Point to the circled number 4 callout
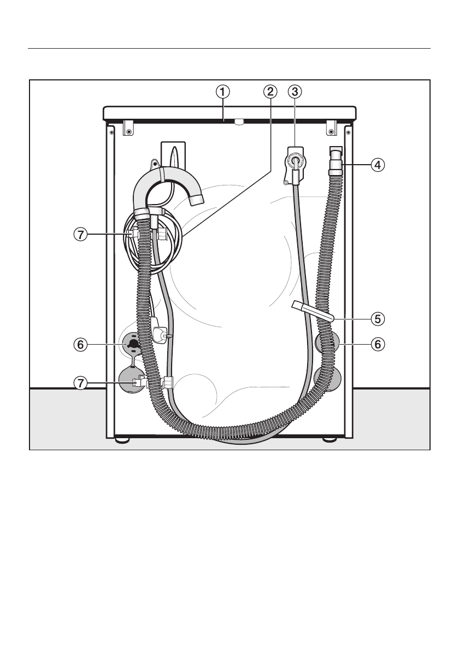378,165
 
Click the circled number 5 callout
378,319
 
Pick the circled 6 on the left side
80,344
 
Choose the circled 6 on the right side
378,344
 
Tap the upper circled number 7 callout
80,235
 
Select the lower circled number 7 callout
80,383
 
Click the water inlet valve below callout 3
295,164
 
